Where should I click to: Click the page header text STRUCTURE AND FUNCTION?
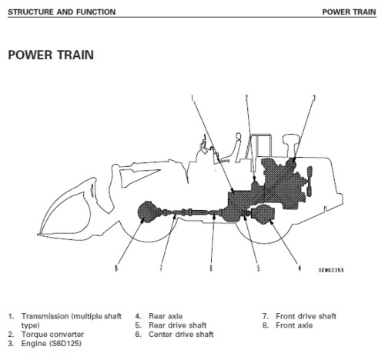[x=61, y=12]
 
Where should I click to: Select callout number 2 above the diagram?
[x=246, y=97]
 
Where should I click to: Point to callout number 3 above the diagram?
[x=313, y=98]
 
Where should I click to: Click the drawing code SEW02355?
[x=331, y=271]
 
